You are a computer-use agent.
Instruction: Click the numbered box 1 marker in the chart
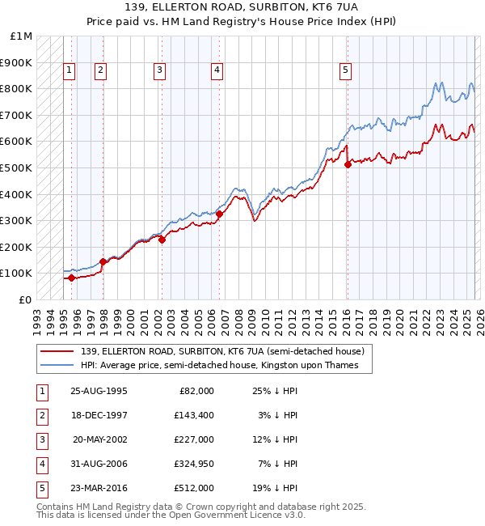(x=70, y=71)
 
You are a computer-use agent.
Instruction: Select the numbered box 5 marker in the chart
(x=345, y=71)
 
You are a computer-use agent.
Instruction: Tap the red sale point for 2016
(x=348, y=164)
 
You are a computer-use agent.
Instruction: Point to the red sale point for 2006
(x=219, y=214)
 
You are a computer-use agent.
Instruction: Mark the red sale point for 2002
(x=162, y=240)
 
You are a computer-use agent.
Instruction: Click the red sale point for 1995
(x=71, y=278)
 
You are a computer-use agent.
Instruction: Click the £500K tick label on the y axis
(x=16, y=168)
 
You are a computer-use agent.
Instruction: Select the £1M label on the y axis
(x=21, y=36)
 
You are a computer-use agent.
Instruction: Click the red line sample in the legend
(x=57, y=351)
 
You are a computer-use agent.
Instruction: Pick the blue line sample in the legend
(x=57, y=365)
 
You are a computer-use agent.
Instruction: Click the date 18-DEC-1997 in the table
(x=99, y=415)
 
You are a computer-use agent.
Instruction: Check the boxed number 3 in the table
(x=40, y=439)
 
